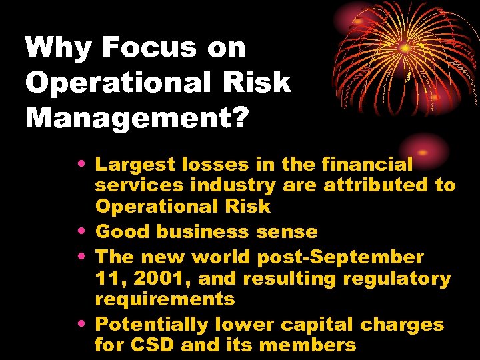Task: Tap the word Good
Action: pos(119,232)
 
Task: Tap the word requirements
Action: pos(165,299)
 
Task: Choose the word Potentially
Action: pos(152,325)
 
